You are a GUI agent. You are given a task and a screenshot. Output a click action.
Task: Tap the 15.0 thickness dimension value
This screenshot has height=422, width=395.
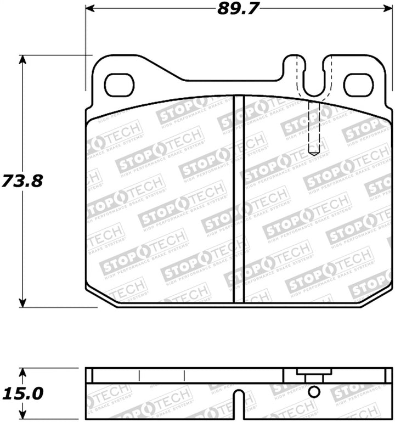tap(22, 393)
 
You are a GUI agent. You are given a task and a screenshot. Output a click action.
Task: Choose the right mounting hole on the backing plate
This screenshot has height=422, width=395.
tap(358, 85)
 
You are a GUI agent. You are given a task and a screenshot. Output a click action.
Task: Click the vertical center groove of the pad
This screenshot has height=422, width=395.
tap(239, 198)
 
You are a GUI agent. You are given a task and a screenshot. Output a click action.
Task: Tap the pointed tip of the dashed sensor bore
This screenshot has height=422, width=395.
tap(313, 153)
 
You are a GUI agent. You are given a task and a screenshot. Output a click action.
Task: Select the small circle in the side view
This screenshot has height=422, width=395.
tap(314, 392)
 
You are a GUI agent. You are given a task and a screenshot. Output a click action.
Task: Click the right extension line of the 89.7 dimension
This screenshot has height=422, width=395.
tap(393, 49)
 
